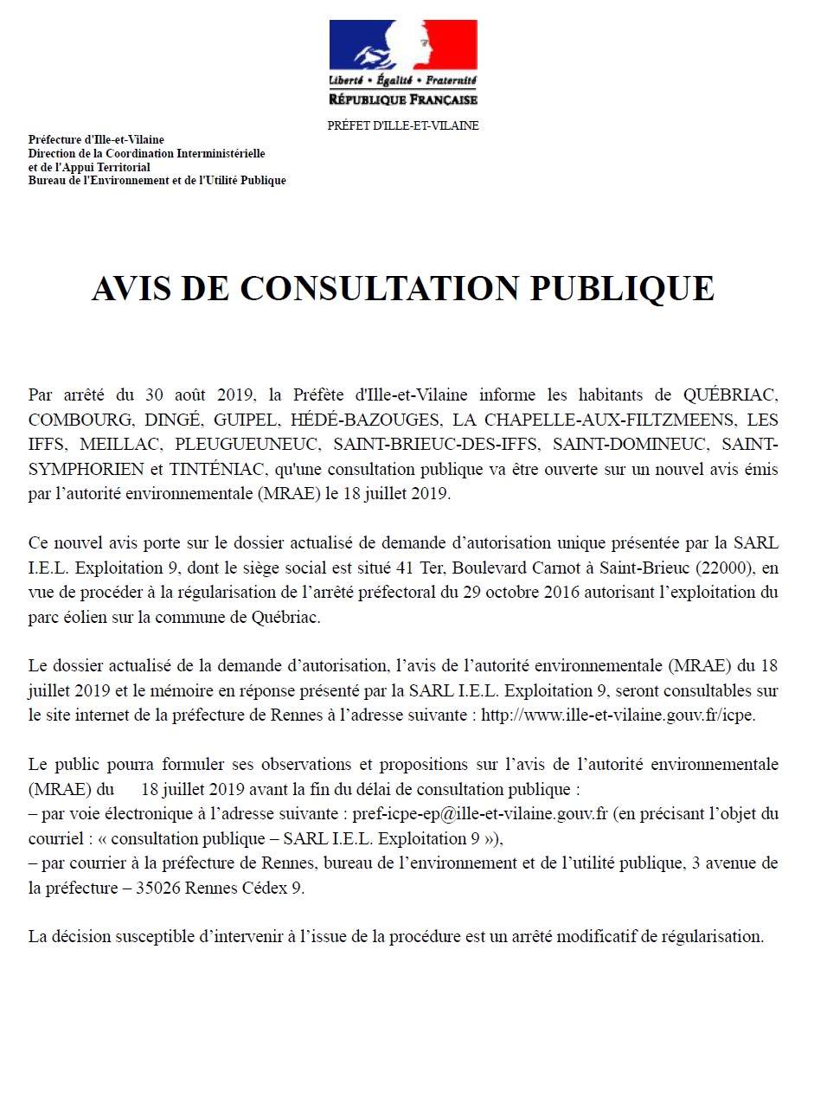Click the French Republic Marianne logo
403,52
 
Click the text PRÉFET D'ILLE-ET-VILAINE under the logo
403,126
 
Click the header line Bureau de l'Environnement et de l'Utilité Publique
157,181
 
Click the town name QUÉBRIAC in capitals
731,395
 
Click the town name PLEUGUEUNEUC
236,446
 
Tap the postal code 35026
164,889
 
